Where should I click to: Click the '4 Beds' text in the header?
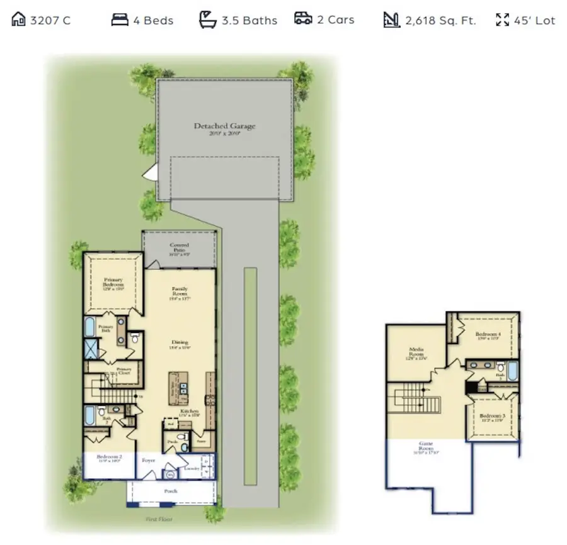tap(153, 20)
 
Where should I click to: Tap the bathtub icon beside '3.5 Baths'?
tap(207, 20)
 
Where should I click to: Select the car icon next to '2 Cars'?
tap(303, 19)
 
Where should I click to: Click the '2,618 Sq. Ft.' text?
tap(440, 20)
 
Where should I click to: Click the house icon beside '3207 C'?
tap(19, 20)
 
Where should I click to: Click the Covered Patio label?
tap(180, 248)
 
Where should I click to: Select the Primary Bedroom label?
tap(113, 283)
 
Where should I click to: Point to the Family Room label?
tap(180, 292)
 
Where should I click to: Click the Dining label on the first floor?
tap(180, 344)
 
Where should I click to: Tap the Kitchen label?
tap(190, 412)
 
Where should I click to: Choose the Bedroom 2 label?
tap(109, 458)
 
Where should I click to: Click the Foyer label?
tap(149, 460)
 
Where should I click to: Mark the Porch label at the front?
tap(171, 491)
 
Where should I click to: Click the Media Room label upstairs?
tap(416, 353)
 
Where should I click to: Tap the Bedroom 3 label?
tap(491, 418)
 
